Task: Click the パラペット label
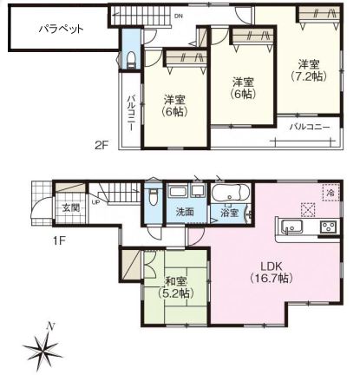click(62, 30)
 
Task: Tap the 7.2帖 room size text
click(309, 76)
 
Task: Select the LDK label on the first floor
click(272, 266)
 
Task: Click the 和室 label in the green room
click(176, 280)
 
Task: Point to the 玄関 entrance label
click(71, 207)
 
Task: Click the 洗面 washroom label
click(185, 212)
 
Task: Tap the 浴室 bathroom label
click(229, 213)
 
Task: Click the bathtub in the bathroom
click(230, 193)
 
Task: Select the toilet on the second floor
click(131, 60)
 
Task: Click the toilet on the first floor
click(153, 196)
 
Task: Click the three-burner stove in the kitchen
click(328, 226)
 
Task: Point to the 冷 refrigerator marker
click(331, 192)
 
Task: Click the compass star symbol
click(43, 349)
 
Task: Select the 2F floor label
click(101, 145)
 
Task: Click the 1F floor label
click(60, 240)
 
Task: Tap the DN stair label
click(179, 16)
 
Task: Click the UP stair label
click(95, 202)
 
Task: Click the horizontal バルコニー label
click(310, 127)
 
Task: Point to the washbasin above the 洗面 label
click(178, 192)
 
